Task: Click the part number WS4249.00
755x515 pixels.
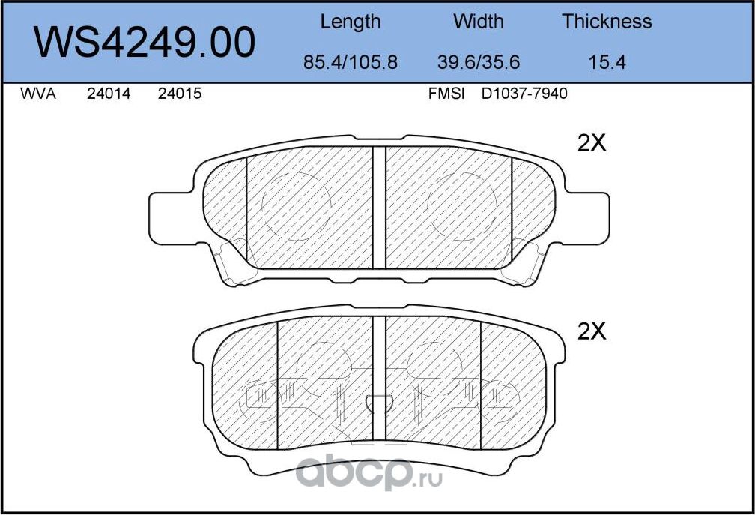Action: [x=146, y=43]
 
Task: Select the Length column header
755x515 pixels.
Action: [x=350, y=22]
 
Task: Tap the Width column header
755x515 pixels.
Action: [x=478, y=22]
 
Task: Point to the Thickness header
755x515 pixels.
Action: [x=607, y=22]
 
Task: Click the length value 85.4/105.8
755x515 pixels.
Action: [x=350, y=63]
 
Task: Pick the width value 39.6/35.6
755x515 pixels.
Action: [x=478, y=63]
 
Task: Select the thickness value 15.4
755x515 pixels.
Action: [x=607, y=63]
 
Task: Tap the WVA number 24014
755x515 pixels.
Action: [x=109, y=94]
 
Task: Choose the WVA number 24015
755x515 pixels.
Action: [x=180, y=94]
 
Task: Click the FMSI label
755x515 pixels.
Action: [x=446, y=94]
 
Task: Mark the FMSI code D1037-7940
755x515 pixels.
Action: [x=524, y=94]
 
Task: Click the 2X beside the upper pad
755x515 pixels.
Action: [x=591, y=143]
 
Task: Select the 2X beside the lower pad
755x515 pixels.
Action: [x=591, y=332]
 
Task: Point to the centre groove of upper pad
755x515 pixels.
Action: [x=379, y=208]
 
